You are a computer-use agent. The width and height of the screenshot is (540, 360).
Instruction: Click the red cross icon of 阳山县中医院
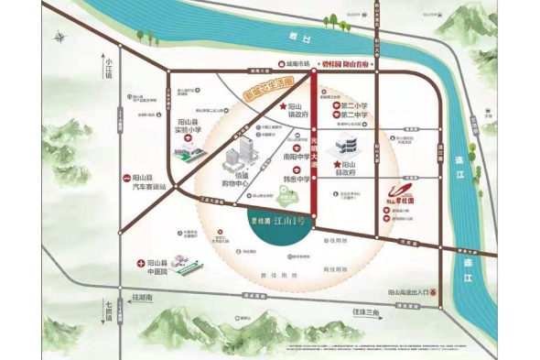(x=140, y=263)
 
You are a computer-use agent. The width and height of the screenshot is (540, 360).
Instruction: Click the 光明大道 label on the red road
(x=316, y=152)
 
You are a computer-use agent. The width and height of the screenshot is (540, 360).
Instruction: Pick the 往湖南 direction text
(x=143, y=299)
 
